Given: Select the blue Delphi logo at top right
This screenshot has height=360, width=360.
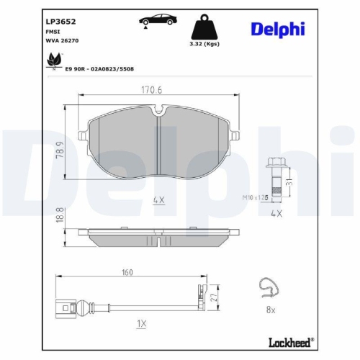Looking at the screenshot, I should pos(278,29).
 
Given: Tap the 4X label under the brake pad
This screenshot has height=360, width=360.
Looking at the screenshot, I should pos(159,200).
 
